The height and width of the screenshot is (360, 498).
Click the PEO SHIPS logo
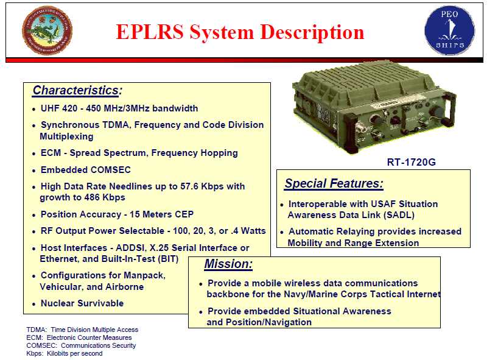tap(449, 31)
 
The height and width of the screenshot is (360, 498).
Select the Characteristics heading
tap(75, 91)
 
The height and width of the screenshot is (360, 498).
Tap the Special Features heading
tap(334, 183)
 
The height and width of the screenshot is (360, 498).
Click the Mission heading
tap(228, 264)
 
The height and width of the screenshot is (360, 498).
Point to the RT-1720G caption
tap(411, 163)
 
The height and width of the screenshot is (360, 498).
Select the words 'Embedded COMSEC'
tap(85, 170)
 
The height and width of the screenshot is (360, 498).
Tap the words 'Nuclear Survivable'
tap(82, 303)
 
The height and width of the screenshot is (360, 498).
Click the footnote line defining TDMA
tap(82, 330)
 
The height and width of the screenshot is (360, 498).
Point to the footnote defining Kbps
tap(64, 353)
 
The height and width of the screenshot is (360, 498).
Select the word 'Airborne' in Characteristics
tap(125, 287)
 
